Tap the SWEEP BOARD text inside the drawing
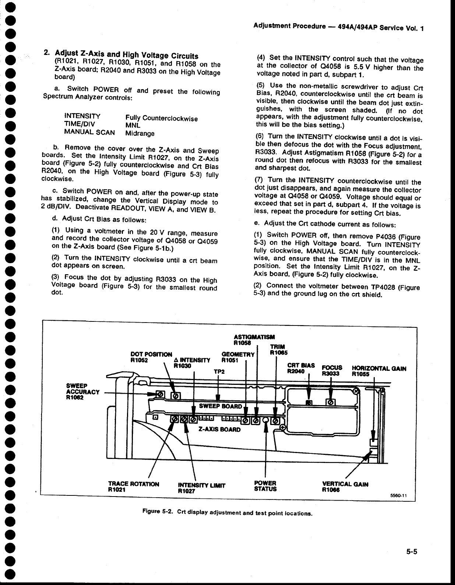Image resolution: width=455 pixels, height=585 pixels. tap(220, 406)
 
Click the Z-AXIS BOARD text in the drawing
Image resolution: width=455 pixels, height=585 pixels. tap(219, 429)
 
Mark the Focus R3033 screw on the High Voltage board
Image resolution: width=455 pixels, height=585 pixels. tap(331, 402)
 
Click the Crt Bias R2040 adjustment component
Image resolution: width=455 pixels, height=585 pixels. tap(310, 402)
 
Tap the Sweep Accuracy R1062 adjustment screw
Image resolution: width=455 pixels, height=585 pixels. tap(161, 394)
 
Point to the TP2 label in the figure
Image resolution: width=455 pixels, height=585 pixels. tap(219, 372)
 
